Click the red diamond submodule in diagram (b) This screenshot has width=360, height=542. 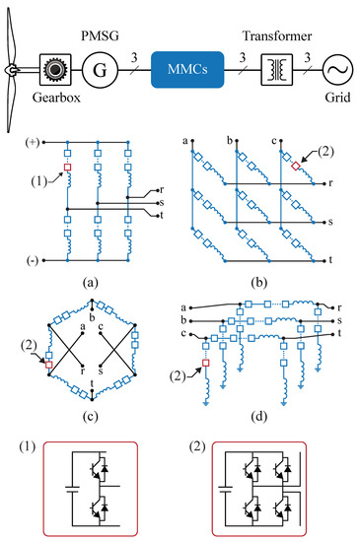(x=296, y=167)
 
